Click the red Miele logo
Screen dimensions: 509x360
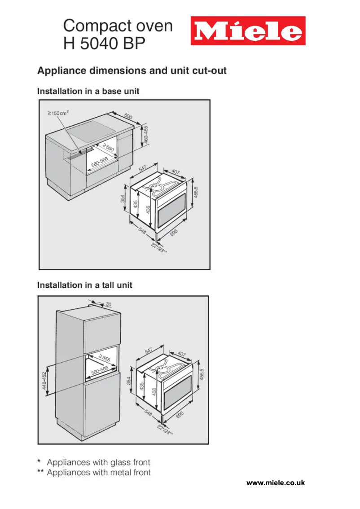point(248,31)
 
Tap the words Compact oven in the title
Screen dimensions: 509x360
point(118,26)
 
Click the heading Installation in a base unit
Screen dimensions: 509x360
point(88,91)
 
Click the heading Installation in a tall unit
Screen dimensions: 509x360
point(85,285)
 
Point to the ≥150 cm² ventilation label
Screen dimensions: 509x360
point(58,113)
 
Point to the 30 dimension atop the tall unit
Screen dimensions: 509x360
point(108,304)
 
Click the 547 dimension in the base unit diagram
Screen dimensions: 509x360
point(142,168)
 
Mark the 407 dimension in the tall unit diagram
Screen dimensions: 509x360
point(182,354)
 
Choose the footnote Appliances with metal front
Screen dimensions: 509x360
point(99,472)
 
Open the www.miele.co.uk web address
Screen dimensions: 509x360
point(276,483)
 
